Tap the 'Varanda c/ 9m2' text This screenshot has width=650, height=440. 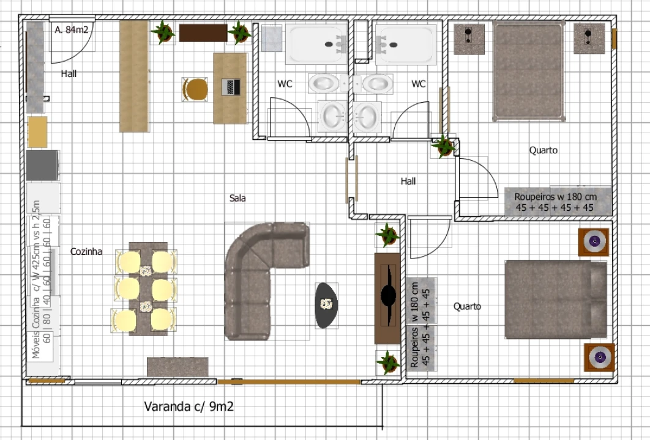[188, 406]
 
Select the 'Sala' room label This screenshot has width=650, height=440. [237, 198]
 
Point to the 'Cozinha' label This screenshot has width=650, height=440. [86, 251]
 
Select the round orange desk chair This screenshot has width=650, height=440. [196, 89]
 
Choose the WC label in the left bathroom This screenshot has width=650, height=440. [285, 84]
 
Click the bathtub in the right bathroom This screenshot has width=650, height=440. [406, 44]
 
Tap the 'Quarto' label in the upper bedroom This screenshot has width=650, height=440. [544, 150]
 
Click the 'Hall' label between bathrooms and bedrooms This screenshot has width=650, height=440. [408, 182]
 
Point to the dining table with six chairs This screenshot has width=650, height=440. [145, 287]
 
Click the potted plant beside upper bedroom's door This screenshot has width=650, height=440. [443, 146]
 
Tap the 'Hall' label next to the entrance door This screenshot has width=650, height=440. [69, 74]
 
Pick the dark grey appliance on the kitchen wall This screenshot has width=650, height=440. [42, 165]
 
